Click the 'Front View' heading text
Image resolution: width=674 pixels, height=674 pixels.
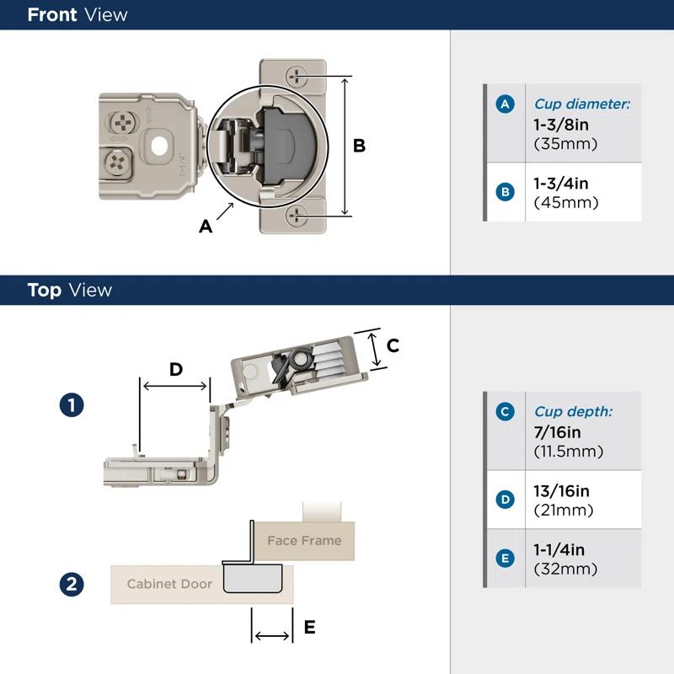(78, 14)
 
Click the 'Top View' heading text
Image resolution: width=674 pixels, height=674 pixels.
(69, 290)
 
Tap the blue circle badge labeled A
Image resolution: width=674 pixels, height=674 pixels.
(505, 104)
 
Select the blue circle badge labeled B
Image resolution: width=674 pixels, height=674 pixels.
(505, 192)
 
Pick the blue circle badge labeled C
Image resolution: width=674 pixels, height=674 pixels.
(505, 412)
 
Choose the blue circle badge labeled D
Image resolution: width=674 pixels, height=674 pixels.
(505, 500)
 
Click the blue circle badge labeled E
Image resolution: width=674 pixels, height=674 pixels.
(505, 558)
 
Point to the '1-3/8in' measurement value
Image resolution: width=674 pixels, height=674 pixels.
(561, 124)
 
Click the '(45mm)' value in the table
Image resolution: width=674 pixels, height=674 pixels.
(566, 202)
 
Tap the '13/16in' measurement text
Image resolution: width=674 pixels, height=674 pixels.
(562, 491)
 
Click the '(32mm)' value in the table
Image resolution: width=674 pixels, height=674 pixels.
(566, 569)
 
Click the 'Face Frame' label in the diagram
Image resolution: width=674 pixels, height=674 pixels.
(304, 540)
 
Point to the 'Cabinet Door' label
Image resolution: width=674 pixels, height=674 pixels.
(169, 584)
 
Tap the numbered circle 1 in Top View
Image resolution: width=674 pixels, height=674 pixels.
(72, 405)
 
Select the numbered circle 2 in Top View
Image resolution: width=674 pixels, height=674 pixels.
(72, 584)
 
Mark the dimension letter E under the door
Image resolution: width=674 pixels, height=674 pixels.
(309, 627)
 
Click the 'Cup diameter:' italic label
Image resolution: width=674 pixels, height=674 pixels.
(582, 104)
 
